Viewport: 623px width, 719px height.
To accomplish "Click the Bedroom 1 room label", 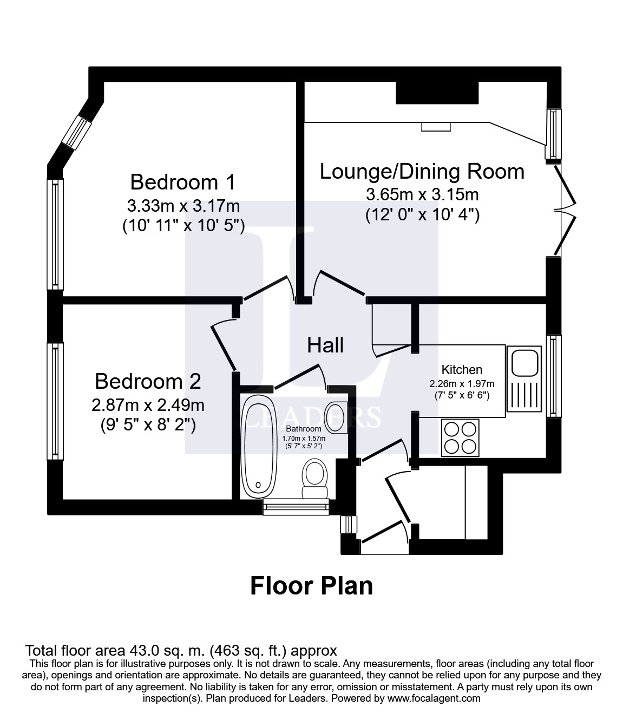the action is tap(183, 182).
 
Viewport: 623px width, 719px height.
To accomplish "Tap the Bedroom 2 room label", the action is tap(148, 381).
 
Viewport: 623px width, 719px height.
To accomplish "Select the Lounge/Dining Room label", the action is tap(422, 172).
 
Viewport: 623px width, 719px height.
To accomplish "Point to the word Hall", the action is tap(325, 345).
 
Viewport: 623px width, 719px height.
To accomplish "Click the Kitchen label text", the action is tap(462, 369).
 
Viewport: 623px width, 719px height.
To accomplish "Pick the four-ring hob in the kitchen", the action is tap(460, 437).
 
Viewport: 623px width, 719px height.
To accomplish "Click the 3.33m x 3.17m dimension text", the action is tap(183, 206).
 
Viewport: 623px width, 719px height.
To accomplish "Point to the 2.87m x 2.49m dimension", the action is tap(148, 405).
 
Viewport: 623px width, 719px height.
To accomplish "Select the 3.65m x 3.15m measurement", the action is tap(422, 194).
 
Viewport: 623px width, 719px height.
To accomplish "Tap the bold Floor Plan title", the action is tap(311, 586).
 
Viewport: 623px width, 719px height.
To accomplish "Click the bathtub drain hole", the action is tap(258, 485).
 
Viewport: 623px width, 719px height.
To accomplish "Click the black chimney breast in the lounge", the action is tap(437, 93).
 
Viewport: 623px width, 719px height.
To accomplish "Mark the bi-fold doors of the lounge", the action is tap(565, 210).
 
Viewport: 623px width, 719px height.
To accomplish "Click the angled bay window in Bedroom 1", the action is tap(76, 132).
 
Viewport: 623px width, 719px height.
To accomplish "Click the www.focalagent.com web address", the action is tap(434, 698).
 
